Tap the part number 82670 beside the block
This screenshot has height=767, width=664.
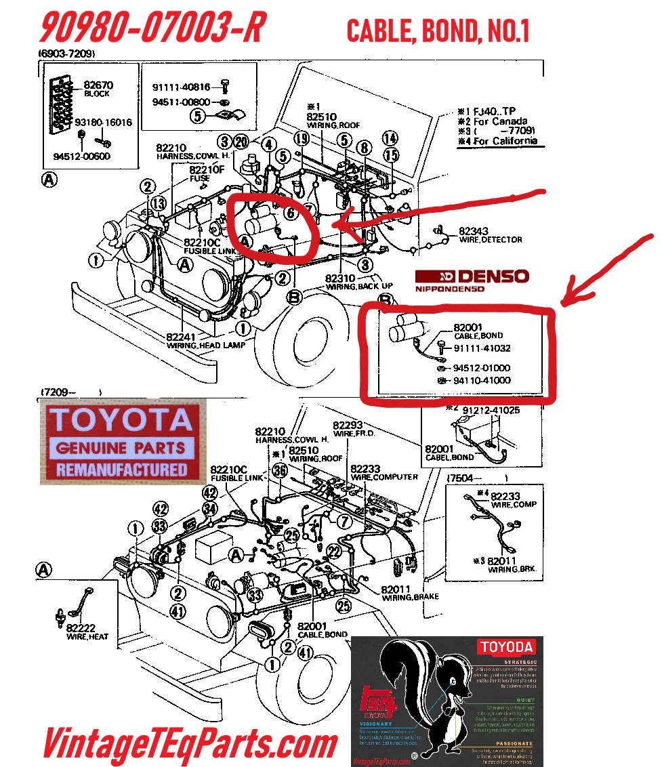98,85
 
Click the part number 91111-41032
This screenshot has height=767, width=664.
482,348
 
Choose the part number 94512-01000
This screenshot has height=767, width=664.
482,368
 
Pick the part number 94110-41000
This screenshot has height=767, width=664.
482,381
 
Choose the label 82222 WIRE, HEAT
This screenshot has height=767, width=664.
87,632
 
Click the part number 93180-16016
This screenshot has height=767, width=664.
103,123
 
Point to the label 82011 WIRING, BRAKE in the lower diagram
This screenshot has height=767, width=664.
409,593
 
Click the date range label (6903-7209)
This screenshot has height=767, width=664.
66,54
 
